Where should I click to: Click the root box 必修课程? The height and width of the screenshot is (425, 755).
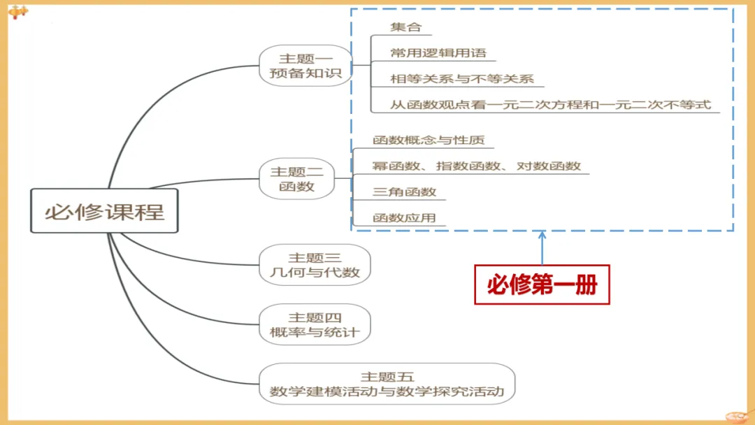click(104, 211)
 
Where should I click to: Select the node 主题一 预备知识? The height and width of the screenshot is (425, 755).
click(305, 66)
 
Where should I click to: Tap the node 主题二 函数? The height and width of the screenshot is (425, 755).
click(296, 178)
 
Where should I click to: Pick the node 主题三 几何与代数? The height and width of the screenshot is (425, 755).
click(315, 265)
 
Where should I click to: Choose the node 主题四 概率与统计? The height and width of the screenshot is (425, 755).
click(315, 324)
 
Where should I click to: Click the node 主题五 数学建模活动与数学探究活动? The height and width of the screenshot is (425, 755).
click(387, 384)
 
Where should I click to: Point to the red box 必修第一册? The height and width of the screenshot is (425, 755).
click(542, 284)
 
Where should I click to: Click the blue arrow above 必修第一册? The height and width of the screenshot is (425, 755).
click(542, 247)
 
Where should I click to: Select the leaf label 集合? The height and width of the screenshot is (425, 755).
click(406, 27)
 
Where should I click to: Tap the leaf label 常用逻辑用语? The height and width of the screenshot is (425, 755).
click(438, 53)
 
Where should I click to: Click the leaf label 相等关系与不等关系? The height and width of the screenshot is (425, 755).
click(462, 79)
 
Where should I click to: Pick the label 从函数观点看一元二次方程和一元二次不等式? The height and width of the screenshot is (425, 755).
click(550, 104)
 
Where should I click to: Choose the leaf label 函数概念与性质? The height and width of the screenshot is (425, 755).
click(429, 140)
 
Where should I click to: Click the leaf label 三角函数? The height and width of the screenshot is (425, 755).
click(405, 192)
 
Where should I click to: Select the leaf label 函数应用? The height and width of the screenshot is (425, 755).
click(405, 217)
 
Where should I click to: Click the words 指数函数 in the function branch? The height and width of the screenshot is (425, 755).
click(468, 166)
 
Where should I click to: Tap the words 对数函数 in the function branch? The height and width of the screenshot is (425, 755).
click(549, 166)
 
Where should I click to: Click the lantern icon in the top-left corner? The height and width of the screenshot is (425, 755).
click(17, 12)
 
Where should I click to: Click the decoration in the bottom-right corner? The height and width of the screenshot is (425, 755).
click(738, 417)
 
